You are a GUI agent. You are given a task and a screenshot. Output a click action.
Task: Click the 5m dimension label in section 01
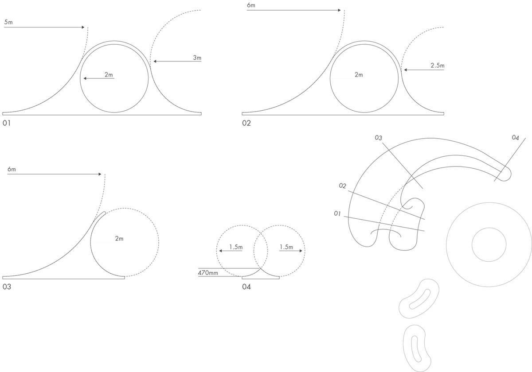click(x=8, y=22)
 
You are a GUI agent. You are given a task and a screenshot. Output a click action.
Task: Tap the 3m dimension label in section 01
click(x=197, y=58)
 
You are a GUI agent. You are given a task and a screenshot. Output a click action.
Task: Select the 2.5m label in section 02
click(x=438, y=66)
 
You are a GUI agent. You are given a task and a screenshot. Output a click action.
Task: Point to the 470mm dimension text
click(x=208, y=273)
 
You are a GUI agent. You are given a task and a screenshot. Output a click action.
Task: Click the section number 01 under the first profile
click(x=6, y=123)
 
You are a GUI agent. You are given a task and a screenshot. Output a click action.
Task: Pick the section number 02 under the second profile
click(x=246, y=123)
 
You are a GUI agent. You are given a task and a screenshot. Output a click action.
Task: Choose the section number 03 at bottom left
click(x=7, y=287)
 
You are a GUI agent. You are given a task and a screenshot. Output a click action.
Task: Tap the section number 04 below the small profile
click(x=246, y=287)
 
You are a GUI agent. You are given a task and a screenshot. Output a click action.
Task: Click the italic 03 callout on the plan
click(x=378, y=138)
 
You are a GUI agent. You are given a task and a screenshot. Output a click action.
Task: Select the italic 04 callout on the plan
click(x=515, y=137)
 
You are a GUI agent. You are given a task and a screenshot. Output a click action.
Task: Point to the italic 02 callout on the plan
click(x=342, y=186)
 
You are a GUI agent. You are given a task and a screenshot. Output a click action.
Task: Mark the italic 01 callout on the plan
click(x=337, y=213)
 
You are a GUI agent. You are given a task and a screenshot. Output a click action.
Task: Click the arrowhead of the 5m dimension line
click(x=83, y=27)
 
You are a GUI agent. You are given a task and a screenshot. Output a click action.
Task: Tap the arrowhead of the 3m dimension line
click(x=155, y=62)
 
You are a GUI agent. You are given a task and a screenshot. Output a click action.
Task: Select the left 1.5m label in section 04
click(x=236, y=247)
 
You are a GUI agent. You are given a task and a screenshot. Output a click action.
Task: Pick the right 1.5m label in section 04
click(x=286, y=247)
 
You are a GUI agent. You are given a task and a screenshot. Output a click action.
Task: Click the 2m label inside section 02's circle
click(x=359, y=75)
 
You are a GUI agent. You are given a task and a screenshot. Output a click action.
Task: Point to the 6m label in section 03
click(x=12, y=169)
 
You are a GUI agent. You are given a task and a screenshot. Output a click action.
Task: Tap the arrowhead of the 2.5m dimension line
click(x=405, y=70)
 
